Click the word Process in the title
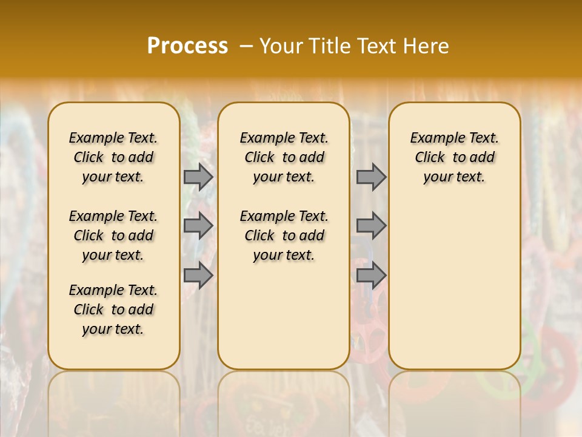tap(187, 46)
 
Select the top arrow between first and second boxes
tap(198, 177)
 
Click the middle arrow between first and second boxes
tap(198, 226)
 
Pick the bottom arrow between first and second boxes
tap(198, 275)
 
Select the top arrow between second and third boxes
tap(371, 177)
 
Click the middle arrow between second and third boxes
tap(371, 226)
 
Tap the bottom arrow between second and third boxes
tap(371, 275)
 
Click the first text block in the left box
tap(113, 157)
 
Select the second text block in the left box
tap(113, 235)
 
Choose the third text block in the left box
tap(113, 310)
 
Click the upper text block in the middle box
tap(284, 157)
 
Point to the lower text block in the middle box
tap(284, 235)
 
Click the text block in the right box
tap(455, 157)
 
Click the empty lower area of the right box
tap(455, 279)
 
